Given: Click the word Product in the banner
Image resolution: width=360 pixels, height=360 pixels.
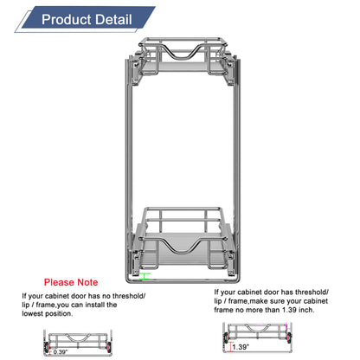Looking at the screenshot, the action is tap(67, 19).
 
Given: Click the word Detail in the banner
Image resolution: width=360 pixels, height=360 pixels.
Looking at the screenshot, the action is tap(113, 19).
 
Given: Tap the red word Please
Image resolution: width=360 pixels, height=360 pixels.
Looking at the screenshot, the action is tap(59, 282).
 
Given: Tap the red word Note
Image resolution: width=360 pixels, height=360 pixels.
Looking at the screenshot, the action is tap(87, 282).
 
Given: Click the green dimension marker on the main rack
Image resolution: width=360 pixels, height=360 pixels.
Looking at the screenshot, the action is tap(145, 276).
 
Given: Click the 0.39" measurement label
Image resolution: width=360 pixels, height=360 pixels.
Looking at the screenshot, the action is tap(61, 352).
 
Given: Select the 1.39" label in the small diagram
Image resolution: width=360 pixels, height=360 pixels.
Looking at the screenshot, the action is tap(241, 347).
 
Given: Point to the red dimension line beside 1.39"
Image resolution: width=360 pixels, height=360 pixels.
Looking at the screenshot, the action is tap(230, 347).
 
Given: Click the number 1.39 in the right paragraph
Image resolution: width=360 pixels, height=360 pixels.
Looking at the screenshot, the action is tap(289, 310).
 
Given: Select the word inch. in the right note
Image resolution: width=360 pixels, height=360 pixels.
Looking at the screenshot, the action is tap(306, 310).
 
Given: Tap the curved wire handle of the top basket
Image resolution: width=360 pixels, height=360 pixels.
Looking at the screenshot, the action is tap(183, 53).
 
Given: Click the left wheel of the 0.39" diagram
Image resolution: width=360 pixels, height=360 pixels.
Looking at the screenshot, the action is tap(47, 347).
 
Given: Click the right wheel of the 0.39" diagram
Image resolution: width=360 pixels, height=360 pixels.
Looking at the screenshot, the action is tap(108, 347).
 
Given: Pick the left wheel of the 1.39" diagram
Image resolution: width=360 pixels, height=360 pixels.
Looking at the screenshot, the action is tap(227, 337).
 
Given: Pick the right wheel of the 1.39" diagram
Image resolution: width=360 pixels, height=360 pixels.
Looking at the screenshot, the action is tap(289, 337).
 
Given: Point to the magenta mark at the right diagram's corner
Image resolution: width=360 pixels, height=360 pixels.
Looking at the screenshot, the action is tap(286, 326).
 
